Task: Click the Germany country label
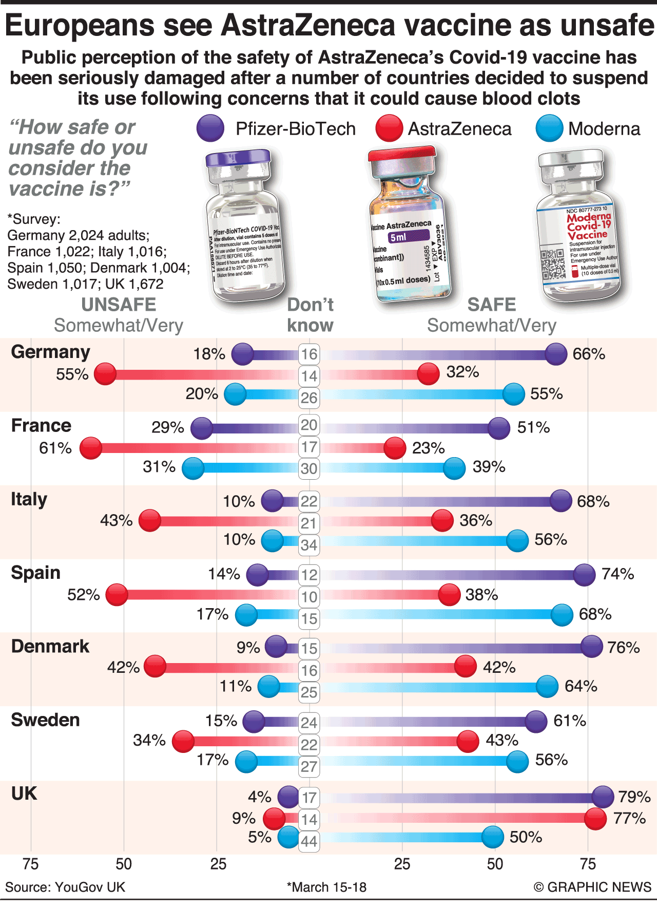50,352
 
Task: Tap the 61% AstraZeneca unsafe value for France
55,448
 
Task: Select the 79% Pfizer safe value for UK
634,797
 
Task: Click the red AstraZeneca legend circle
389,128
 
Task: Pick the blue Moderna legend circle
549,128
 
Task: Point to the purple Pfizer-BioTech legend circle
210,128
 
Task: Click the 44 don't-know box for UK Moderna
309,841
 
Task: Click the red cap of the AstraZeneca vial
402,154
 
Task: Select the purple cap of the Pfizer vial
238,158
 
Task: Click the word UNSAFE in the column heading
119,305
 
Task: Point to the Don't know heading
310,315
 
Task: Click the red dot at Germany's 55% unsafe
106,374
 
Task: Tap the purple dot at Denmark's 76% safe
591,647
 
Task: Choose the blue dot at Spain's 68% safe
562,615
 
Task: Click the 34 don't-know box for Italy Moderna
309,544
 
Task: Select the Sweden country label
45,720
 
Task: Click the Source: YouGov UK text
65,887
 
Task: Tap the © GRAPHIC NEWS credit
592,887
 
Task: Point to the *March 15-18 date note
326,887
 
